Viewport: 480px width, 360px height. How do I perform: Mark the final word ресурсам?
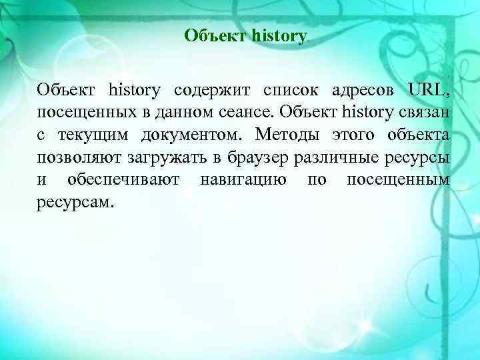(75, 202)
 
